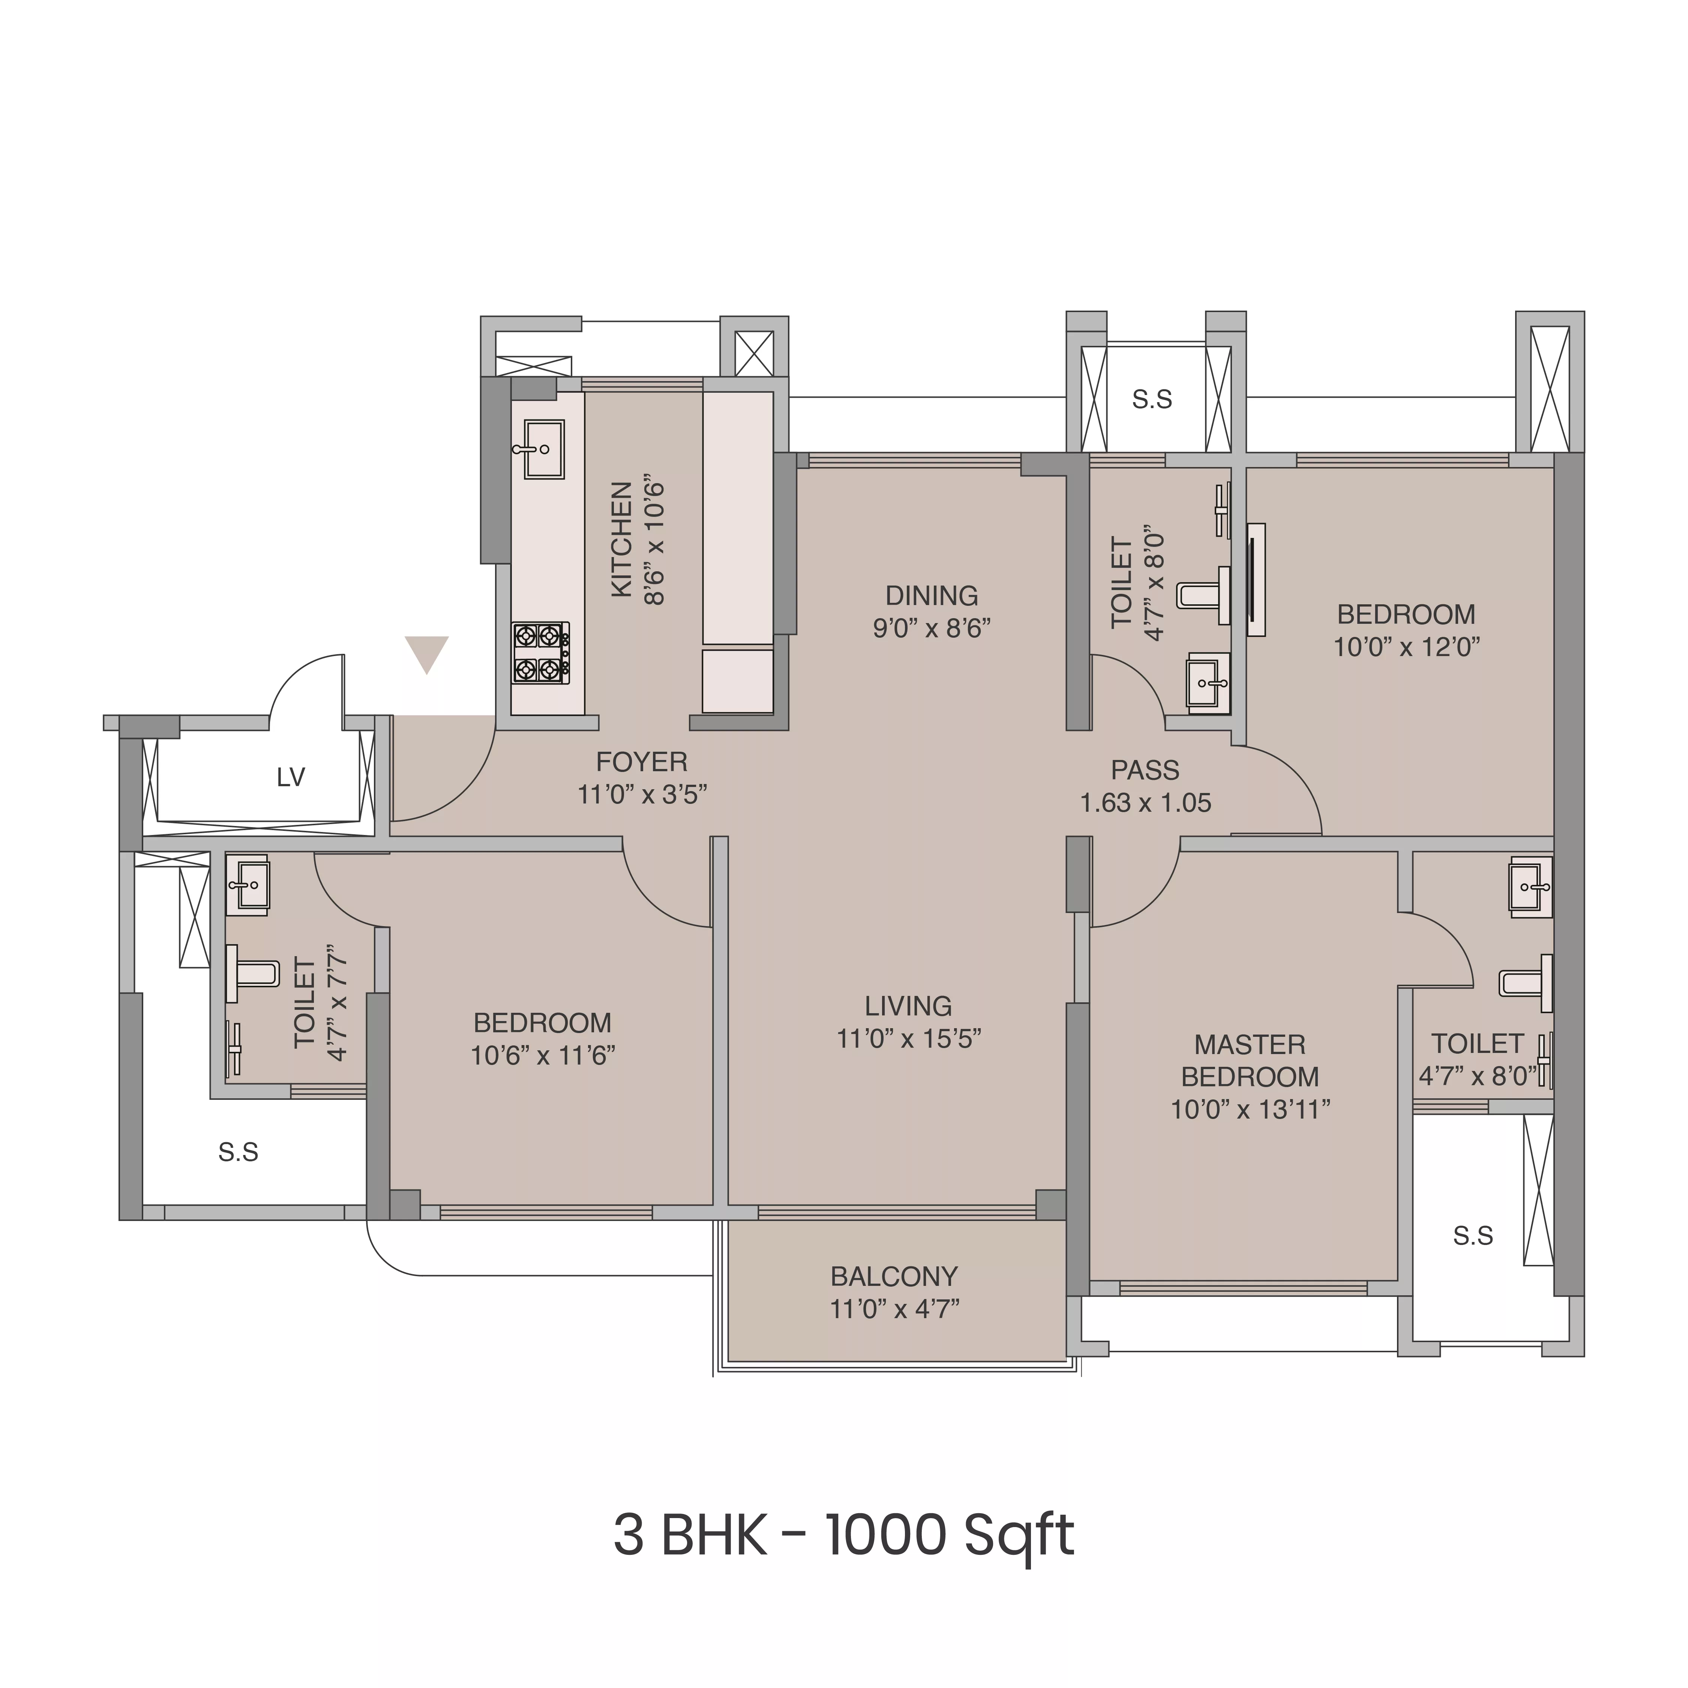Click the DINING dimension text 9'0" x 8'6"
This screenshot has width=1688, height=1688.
(x=931, y=628)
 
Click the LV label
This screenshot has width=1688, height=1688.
(x=291, y=777)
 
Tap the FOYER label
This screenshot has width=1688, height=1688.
(x=641, y=762)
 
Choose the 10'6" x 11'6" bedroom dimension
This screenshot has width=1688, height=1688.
(x=543, y=1056)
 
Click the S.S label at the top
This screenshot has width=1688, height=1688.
(x=1152, y=399)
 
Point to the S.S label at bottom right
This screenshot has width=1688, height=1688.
(x=1473, y=1235)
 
